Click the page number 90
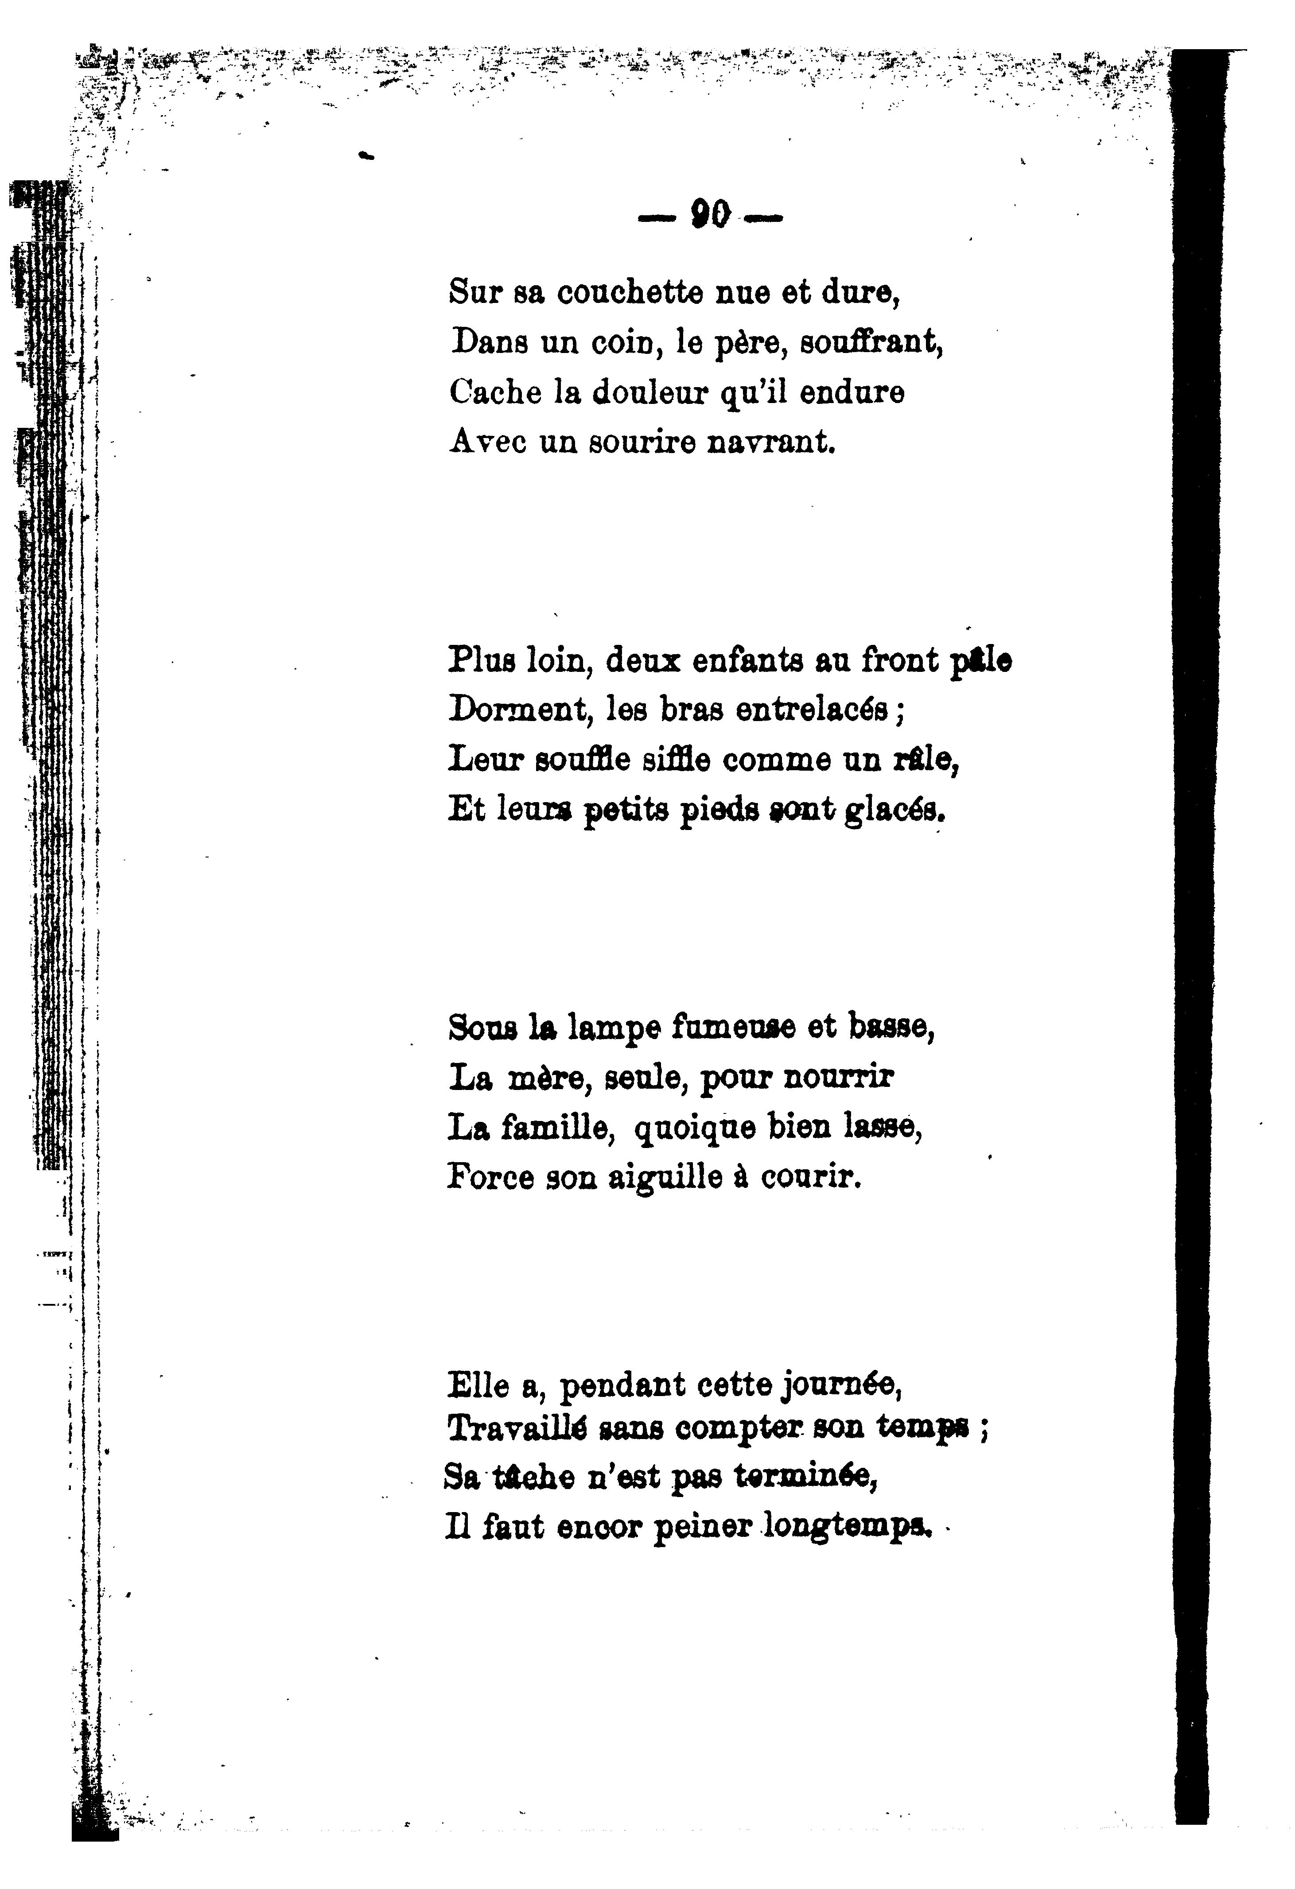pyautogui.click(x=710, y=215)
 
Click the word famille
pyautogui.click(x=556, y=1128)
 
